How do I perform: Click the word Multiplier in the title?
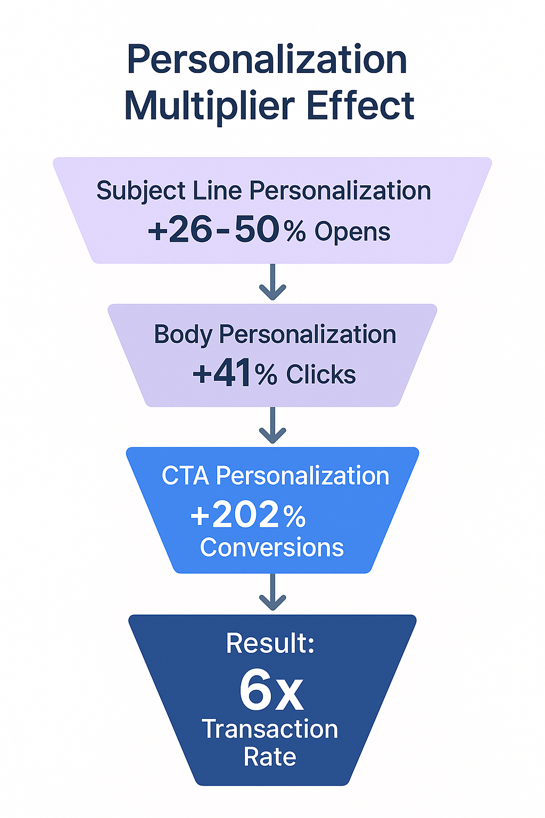[x=209, y=105]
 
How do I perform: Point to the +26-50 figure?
[x=213, y=230]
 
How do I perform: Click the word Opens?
[x=352, y=232]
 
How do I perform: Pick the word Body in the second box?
[x=183, y=335]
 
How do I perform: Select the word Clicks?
[x=320, y=374]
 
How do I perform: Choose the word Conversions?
[x=272, y=547]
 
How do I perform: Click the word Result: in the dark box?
[x=270, y=643]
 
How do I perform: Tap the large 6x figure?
[x=271, y=691]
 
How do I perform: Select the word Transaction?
[x=270, y=729]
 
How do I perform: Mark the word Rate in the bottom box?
[x=270, y=757]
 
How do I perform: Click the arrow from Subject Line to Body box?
[x=272, y=282]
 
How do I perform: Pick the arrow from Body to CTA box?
[x=272, y=426]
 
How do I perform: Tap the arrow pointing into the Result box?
[x=272, y=593]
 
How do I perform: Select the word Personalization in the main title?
[x=267, y=60]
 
